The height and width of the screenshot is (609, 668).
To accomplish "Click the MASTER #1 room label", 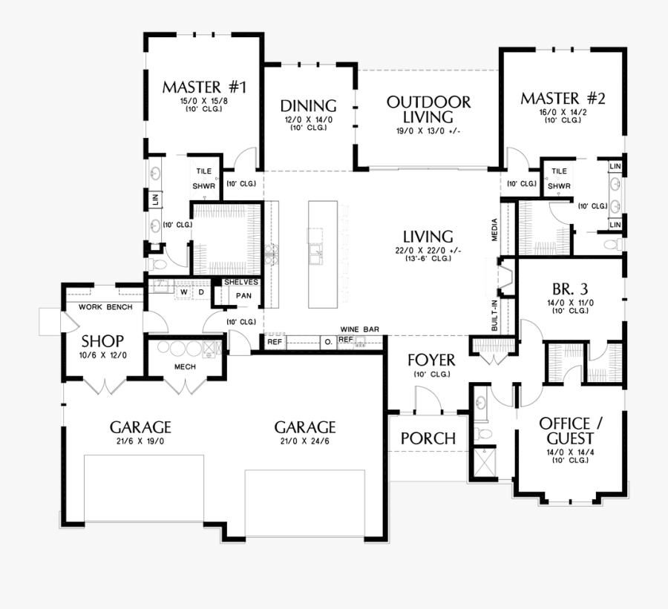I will click(x=203, y=87).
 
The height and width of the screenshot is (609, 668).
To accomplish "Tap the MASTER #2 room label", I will click(x=563, y=99).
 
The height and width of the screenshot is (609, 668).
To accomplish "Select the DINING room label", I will click(x=308, y=106).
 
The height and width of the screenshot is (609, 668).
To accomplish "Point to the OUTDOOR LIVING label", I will click(x=428, y=109).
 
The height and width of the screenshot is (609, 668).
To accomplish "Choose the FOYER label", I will click(x=430, y=361).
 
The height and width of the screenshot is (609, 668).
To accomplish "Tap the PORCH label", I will click(x=428, y=438).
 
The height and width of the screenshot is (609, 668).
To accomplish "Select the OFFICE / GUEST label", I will click(x=571, y=430).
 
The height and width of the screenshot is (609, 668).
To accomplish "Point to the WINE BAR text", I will click(x=359, y=328).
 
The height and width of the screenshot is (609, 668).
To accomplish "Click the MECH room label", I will click(x=185, y=366).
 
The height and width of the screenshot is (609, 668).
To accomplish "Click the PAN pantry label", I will click(x=243, y=295).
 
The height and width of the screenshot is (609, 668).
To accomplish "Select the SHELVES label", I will click(x=241, y=282).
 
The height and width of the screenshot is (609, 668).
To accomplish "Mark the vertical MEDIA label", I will click(x=494, y=229).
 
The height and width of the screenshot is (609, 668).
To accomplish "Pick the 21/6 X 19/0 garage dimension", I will click(x=140, y=441).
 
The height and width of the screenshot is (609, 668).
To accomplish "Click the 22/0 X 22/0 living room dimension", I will click(x=424, y=251).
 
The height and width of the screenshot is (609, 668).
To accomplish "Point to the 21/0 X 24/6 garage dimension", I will click(x=304, y=441).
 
